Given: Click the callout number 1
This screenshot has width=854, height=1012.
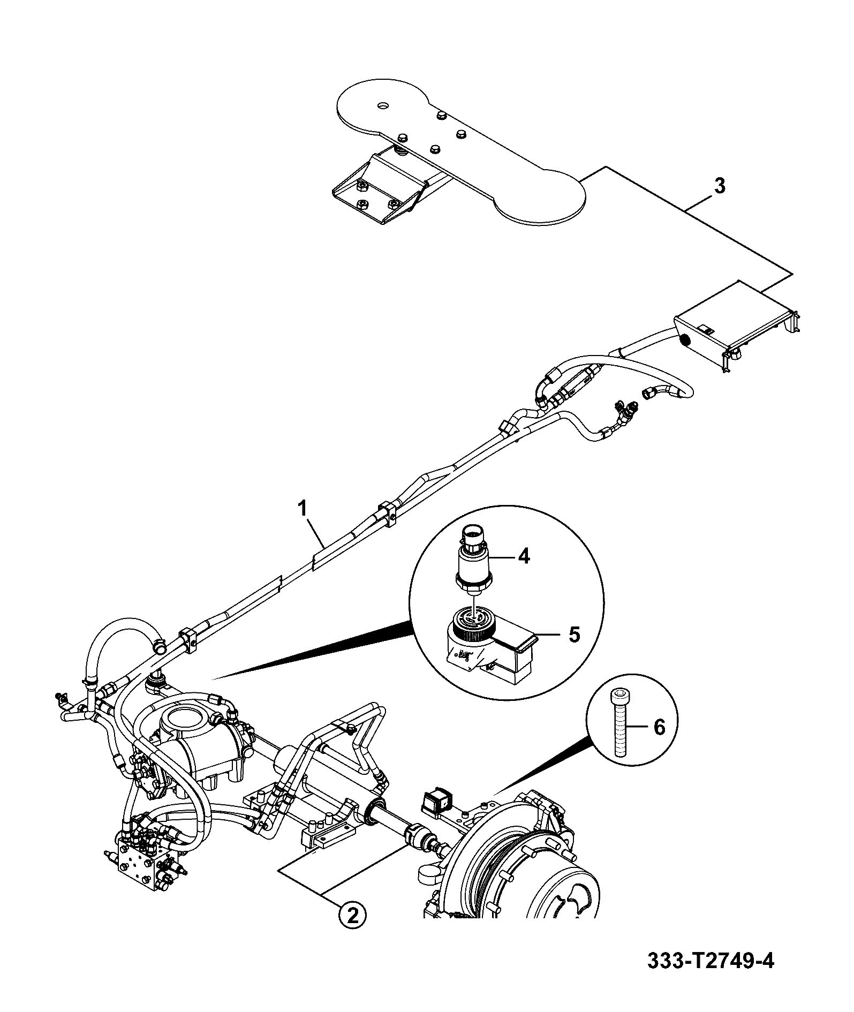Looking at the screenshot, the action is tap(303, 508).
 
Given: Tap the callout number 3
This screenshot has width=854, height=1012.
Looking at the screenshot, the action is tap(720, 186).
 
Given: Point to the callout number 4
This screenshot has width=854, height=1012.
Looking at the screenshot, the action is tap(524, 556).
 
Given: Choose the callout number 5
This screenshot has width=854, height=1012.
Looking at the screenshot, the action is tap(573, 635).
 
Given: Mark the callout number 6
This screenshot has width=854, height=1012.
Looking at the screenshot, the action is tap(659, 727).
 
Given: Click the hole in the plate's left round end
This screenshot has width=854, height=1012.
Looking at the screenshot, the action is tap(382, 106).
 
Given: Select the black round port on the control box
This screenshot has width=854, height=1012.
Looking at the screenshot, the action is tap(684, 340).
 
